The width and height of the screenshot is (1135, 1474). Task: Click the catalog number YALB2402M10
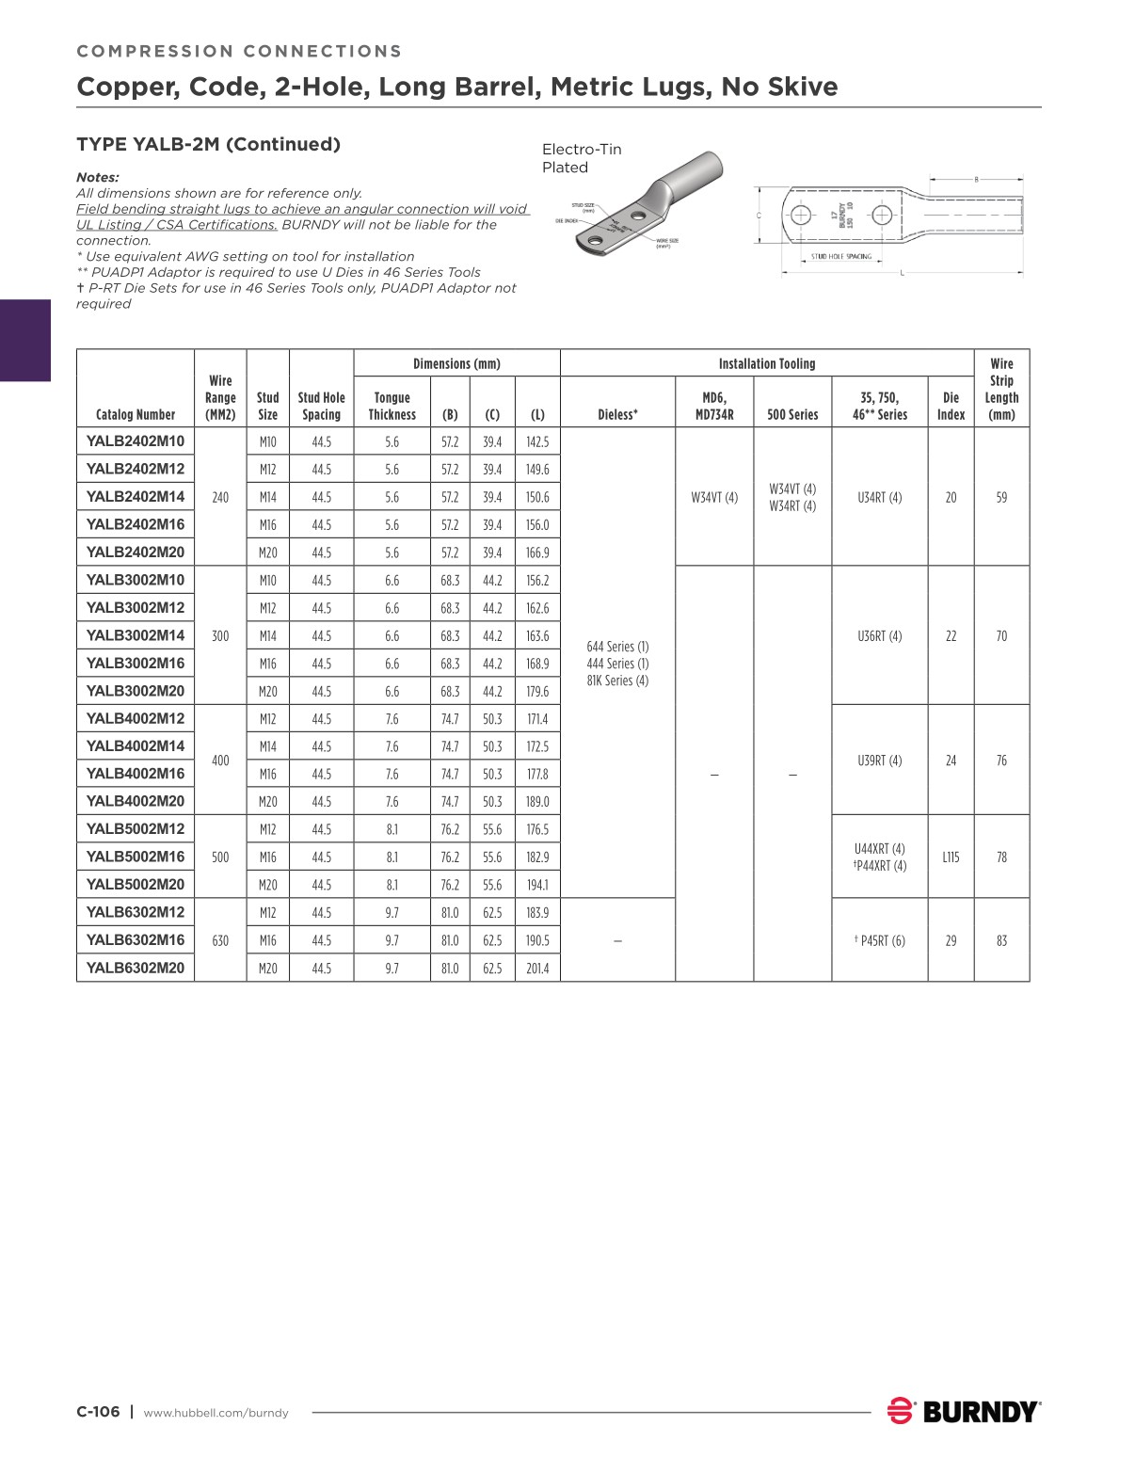click(x=136, y=441)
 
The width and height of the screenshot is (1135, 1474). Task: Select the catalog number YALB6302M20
click(x=136, y=968)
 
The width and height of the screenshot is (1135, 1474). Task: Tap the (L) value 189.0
click(x=537, y=802)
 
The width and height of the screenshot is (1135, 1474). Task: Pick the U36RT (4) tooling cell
click(x=879, y=636)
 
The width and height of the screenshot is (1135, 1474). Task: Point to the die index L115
click(x=951, y=857)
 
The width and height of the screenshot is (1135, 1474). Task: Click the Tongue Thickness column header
click(x=392, y=406)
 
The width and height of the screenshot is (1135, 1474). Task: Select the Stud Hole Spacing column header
click(x=321, y=406)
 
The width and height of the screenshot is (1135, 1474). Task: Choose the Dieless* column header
click(x=617, y=414)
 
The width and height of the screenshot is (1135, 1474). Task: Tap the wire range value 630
click(x=220, y=940)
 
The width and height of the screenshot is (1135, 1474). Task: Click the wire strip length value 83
click(x=1001, y=940)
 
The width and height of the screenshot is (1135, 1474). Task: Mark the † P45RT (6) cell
click(x=879, y=940)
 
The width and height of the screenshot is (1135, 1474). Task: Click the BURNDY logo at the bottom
click(x=964, y=1412)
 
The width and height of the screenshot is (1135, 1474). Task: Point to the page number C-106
click(x=98, y=1412)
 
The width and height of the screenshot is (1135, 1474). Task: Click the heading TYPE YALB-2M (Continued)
click(x=208, y=144)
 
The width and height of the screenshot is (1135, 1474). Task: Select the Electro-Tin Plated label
click(x=581, y=158)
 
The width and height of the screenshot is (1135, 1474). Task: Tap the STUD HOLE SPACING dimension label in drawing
click(x=840, y=256)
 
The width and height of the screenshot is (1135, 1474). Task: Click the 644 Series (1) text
click(x=617, y=647)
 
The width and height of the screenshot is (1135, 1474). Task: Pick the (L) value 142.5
click(x=537, y=441)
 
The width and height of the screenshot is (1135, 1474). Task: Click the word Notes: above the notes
click(x=97, y=177)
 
